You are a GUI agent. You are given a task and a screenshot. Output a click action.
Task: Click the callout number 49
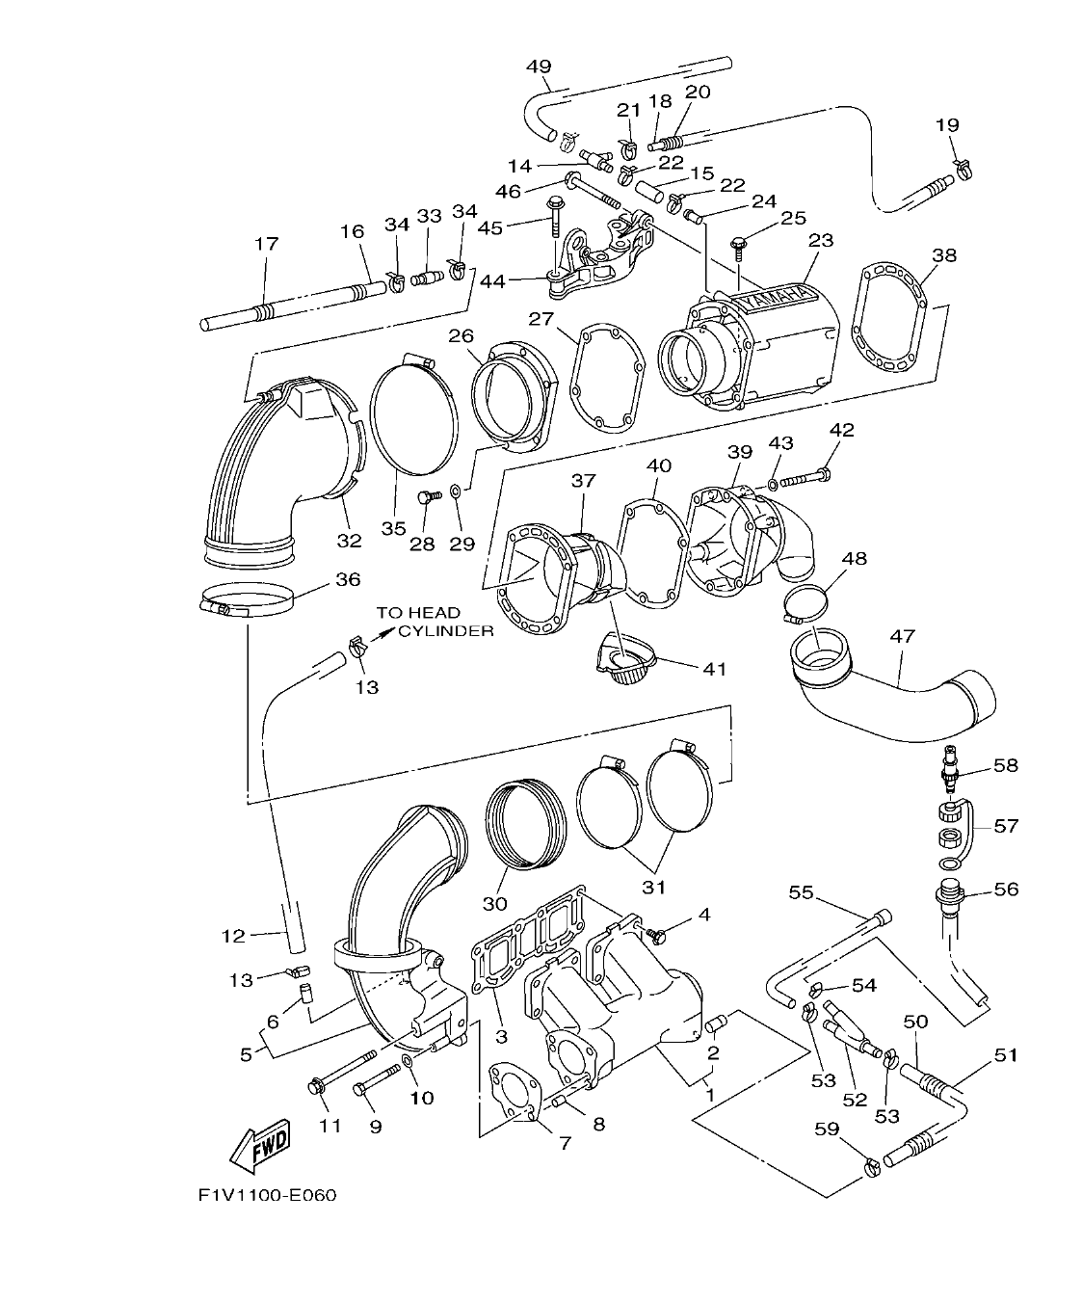[539, 66]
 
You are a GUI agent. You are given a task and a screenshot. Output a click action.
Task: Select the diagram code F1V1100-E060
[268, 1196]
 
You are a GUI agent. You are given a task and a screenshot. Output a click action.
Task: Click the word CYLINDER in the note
[446, 631]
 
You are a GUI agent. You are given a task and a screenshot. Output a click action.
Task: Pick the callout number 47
[903, 637]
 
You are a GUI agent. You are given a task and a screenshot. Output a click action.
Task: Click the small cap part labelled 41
[625, 664]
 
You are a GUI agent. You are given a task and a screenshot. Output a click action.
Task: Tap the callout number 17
[266, 244]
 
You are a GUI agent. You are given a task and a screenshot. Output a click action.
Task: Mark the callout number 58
[1005, 765]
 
